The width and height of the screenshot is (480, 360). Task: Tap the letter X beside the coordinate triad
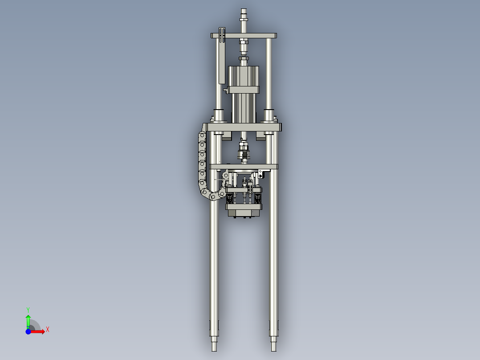coord(48,329)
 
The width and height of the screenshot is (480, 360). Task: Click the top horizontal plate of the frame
coord(244,35)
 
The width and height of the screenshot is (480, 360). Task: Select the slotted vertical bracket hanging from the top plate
coord(222,56)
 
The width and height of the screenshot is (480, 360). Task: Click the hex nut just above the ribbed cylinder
coord(244,58)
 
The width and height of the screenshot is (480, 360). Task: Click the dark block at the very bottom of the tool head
coord(244,213)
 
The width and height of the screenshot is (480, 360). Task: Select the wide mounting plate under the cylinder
coord(244,128)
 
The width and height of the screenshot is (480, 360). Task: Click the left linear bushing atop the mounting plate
coord(218,116)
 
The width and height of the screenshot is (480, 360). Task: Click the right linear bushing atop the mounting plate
coord(269,116)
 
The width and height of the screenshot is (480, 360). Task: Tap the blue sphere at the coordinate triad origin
coord(28,331)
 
